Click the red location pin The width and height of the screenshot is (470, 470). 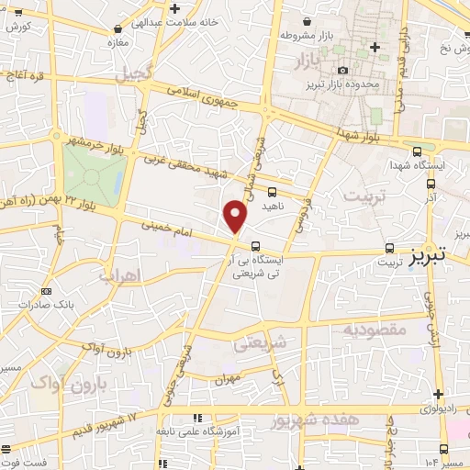(236, 215)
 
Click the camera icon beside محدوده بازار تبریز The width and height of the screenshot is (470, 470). (343, 70)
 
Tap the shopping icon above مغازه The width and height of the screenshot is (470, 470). (116, 28)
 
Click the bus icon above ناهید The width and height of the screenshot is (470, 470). (272, 192)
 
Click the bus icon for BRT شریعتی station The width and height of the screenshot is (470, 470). (255, 246)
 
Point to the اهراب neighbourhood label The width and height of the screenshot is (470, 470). (117, 275)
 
